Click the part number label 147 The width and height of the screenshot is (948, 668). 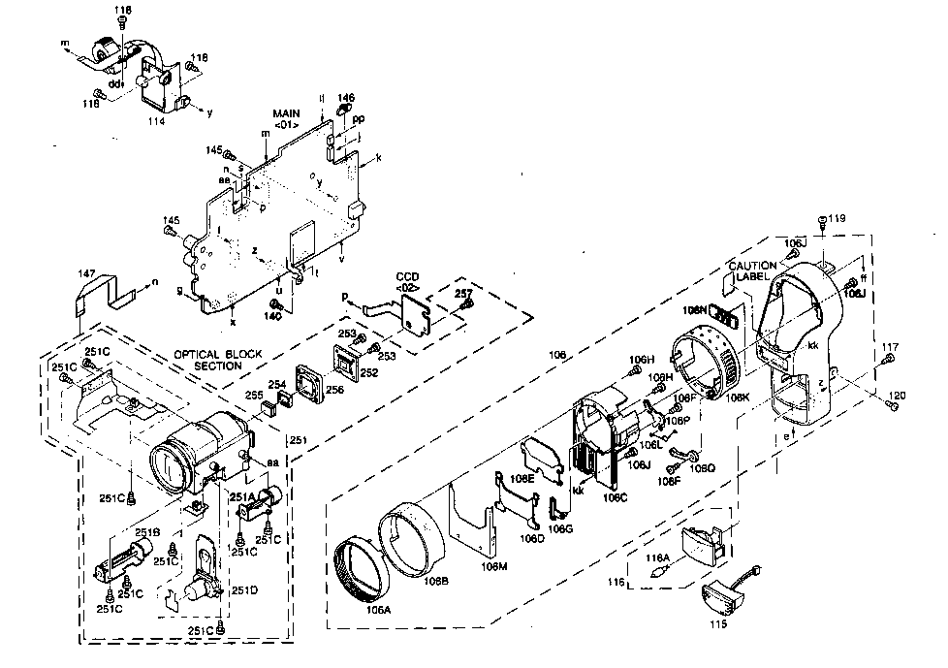(x=86, y=275)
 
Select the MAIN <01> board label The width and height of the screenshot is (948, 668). (x=286, y=118)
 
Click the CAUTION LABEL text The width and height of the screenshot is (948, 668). (x=753, y=270)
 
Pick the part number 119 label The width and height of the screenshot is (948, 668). (x=837, y=219)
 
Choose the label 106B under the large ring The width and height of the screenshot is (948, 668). (x=434, y=581)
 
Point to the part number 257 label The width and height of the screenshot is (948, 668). (x=463, y=293)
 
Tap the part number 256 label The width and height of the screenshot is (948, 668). (x=335, y=390)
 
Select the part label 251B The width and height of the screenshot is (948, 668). (x=146, y=532)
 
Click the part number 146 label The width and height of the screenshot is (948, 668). (x=345, y=98)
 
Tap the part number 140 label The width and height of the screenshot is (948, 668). (x=274, y=316)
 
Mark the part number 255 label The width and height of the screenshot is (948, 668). (x=254, y=396)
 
